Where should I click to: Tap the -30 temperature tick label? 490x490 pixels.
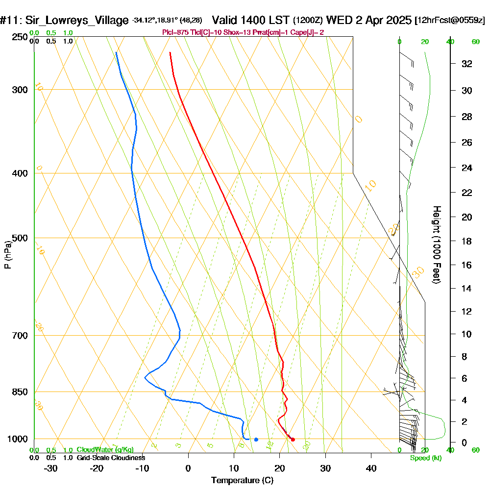coord(51,468)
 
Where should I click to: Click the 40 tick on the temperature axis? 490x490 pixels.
coord(371,468)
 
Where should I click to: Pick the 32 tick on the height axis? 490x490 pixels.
coord(467,64)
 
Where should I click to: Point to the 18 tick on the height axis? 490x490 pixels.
coord(467,241)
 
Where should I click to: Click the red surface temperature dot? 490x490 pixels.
coord(293,440)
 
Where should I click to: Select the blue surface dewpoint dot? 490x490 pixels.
coord(256,440)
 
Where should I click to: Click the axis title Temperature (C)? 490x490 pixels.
coord(242,481)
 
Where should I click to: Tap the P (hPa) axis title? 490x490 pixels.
coord(7,255)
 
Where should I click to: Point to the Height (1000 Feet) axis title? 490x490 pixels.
coord(436,245)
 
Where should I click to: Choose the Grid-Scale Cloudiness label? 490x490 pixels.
coord(111,458)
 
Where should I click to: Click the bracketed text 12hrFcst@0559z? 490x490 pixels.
coord(450,21)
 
